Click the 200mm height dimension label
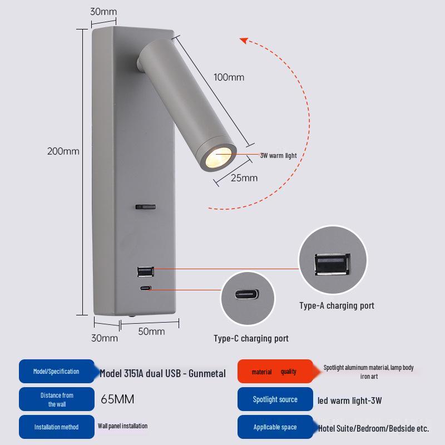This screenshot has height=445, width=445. (x=63, y=151)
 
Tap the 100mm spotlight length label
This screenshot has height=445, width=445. (x=229, y=77)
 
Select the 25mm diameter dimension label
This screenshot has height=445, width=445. (x=244, y=178)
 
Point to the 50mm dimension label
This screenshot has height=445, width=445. (x=151, y=332)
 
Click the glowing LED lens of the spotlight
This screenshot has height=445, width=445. (x=217, y=159)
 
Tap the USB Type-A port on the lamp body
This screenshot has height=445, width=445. (x=145, y=271)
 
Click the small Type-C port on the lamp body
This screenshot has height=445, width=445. (x=145, y=288)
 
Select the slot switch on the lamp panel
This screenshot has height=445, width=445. (x=145, y=207)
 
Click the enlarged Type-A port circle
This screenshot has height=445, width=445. (x=333, y=260)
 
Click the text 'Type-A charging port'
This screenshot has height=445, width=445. (x=337, y=305)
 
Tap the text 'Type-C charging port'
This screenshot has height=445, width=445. (x=251, y=338)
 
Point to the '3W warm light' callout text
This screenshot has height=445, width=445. (x=278, y=156)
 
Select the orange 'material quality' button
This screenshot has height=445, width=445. (x=274, y=372)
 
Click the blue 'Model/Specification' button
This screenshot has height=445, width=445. (x=56, y=372)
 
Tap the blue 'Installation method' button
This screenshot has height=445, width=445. (x=56, y=427)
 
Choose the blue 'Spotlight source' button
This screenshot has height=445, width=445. (x=275, y=399)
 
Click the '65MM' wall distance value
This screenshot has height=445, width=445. (x=117, y=399)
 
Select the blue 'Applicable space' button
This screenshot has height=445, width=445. (x=275, y=427)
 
